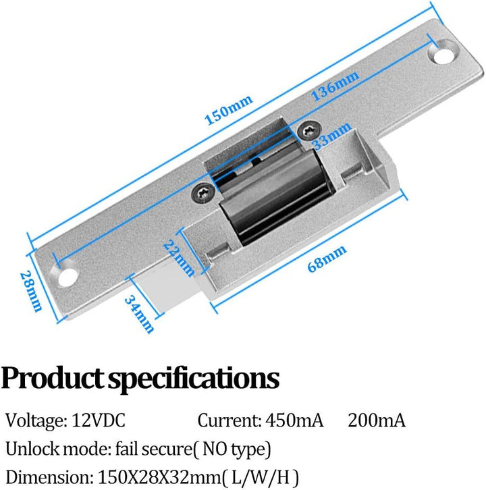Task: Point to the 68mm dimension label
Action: coord(327,258)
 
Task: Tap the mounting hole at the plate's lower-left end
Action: coord(67,276)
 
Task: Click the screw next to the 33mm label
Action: coord(309,128)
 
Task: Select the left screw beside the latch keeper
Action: coord(203,192)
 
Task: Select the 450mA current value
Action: coord(292,420)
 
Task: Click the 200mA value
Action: coord(377,420)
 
